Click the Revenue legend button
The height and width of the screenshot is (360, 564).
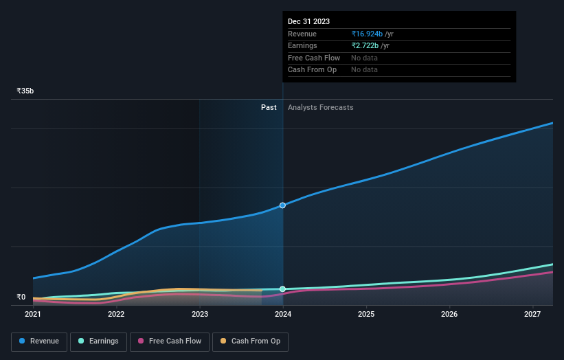[x=39, y=341]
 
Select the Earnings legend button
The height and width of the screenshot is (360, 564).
[x=98, y=341]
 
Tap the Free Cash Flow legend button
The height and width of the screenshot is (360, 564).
[x=169, y=341]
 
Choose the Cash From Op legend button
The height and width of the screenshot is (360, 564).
[x=250, y=341]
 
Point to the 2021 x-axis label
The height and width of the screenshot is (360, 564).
[x=33, y=314]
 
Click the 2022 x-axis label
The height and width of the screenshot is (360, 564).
[x=116, y=314]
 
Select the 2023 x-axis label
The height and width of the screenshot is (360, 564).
[x=200, y=314]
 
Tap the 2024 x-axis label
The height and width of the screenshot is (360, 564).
[x=283, y=314]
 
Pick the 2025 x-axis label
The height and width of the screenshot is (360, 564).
[x=366, y=314]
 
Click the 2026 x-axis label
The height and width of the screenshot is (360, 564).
[x=449, y=314]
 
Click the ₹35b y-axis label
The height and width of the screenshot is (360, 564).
[x=25, y=91]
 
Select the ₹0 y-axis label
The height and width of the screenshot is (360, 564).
[x=21, y=297]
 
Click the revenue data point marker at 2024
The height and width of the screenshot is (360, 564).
[x=282, y=205]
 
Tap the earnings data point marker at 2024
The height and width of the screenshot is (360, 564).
[x=282, y=289]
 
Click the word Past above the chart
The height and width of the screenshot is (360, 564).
[x=269, y=107]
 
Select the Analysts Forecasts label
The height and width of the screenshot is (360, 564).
[x=321, y=107]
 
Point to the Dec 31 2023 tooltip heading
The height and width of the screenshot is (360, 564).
[x=309, y=21]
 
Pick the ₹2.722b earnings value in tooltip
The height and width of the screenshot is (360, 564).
[x=365, y=46]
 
